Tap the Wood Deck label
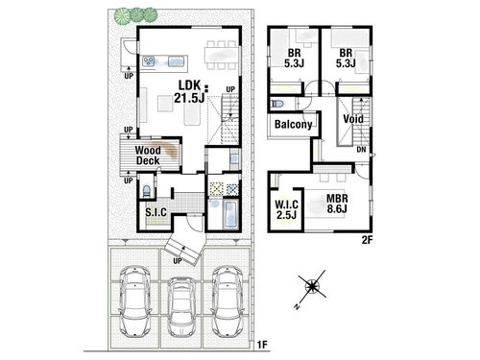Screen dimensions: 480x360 click(x=148, y=156)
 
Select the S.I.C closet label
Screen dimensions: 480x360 click(x=156, y=212)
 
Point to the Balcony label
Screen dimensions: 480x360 click(x=293, y=124)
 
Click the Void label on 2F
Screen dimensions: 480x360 click(x=353, y=119)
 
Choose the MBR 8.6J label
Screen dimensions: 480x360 click(x=337, y=204)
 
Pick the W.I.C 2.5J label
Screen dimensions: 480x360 click(x=287, y=209)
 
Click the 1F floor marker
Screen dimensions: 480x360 click(x=262, y=345)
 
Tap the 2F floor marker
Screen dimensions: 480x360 click(x=368, y=240)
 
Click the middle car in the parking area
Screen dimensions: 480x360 click(x=181, y=306)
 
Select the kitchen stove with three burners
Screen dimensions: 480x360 click(x=149, y=60)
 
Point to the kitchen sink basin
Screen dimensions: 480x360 click(x=176, y=60)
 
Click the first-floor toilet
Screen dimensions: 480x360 click(x=146, y=191)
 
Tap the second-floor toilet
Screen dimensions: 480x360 click(x=277, y=104)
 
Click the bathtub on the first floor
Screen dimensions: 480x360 click(x=230, y=214)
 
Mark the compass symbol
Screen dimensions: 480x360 click(x=312, y=286)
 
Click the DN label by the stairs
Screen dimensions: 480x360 click(x=361, y=150)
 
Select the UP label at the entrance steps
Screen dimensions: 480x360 click(x=178, y=261)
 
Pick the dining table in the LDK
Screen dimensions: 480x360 click(x=222, y=55)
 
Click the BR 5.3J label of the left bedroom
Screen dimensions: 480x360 click(x=294, y=58)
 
